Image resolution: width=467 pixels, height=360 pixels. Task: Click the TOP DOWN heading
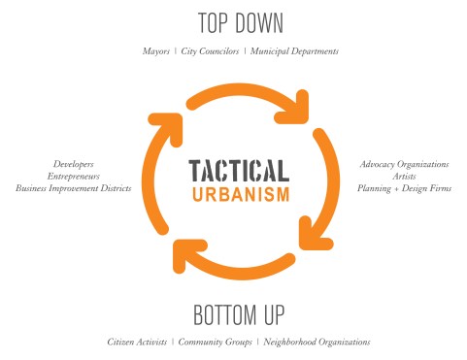click(x=233, y=23)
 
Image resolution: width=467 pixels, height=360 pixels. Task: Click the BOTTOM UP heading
click(x=233, y=316)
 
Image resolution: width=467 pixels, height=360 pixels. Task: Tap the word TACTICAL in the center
click(x=238, y=171)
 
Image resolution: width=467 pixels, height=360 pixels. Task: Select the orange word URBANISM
click(x=238, y=193)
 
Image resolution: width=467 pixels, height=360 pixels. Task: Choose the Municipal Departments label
click(x=294, y=50)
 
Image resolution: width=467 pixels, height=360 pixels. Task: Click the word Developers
click(x=74, y=164)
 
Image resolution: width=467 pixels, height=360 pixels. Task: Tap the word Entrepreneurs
click(x=74, y=176)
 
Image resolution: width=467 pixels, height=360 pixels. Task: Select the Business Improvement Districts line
click(x=74, y=187)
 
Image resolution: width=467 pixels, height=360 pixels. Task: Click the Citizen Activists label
click(x=136, y=342)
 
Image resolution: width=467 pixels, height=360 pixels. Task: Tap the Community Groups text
click(x=217, y=342)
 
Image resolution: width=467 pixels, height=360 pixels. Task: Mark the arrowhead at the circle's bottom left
click(x=183, y=255)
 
